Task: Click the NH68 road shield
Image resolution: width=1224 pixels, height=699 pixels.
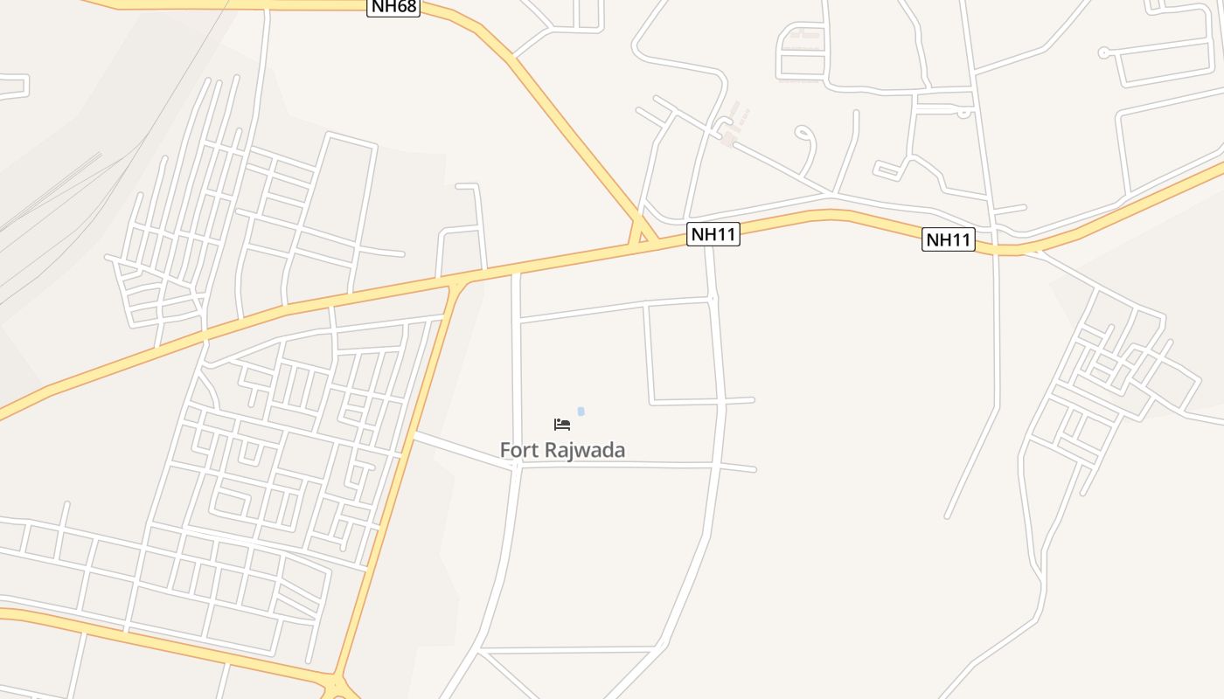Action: click(x=393, y=7)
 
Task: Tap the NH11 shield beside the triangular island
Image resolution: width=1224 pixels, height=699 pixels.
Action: click(x=713, y=234)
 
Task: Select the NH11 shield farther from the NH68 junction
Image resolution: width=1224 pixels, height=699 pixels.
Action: click(x=948, y=239)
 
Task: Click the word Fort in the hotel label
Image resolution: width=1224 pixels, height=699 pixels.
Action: click(x=518, y=451)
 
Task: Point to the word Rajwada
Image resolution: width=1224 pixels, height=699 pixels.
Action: click(x=585, y=451)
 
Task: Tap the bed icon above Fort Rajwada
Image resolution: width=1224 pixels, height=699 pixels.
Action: click(x=562, y=425)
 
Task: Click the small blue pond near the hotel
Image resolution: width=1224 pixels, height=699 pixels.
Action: click(x=581, y=412)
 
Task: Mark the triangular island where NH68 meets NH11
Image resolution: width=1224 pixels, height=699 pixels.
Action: click(x=643, y=236)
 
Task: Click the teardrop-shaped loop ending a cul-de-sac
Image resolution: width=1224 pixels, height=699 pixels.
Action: click(x=803, y=133)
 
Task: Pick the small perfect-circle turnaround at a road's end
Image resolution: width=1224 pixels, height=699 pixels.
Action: click(x=1103, y=52)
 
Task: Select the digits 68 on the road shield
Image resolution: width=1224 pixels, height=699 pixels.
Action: click(x=406, y=7)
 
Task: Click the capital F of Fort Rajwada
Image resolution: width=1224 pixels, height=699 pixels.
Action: click(x=504, y=451)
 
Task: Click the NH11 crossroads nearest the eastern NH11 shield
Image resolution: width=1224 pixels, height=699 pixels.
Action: click(x=996, y=245)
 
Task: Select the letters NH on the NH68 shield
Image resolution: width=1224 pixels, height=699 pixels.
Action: click(x=382, y=7)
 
